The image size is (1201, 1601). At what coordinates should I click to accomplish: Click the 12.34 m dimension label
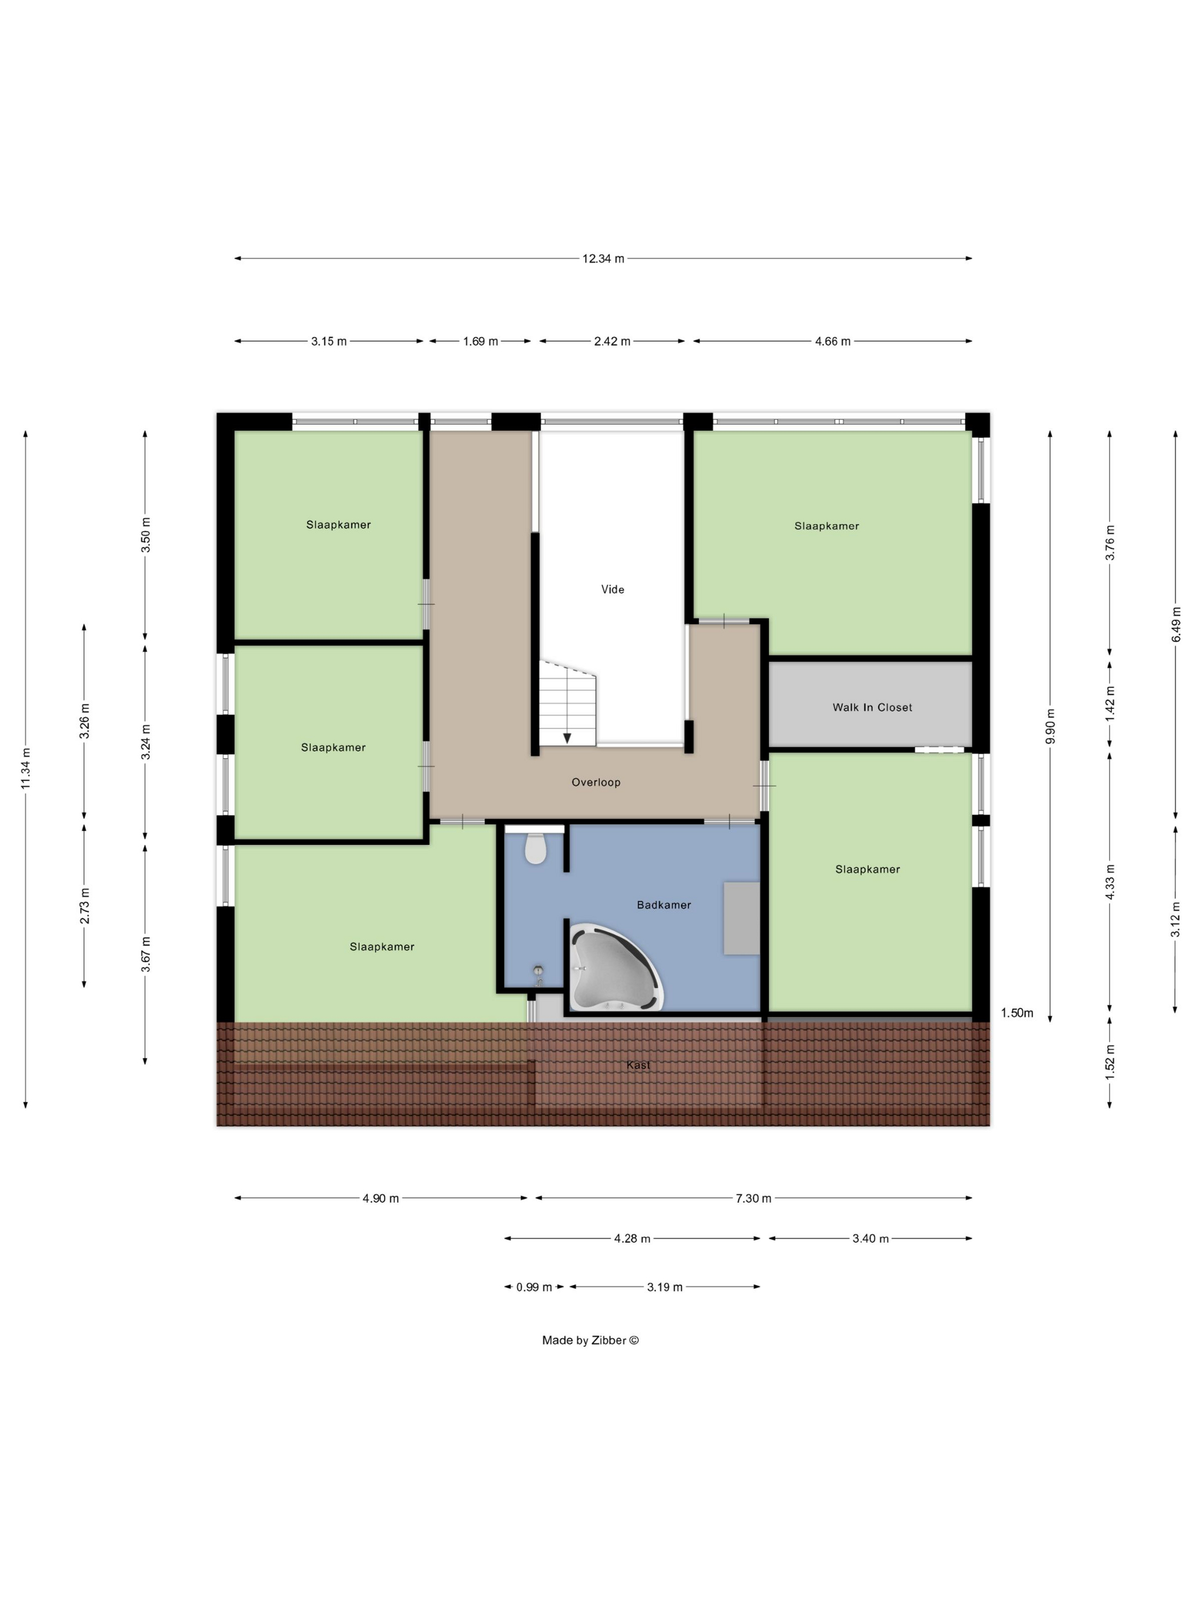(x=603, y=258)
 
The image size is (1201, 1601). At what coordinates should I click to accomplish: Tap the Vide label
(x=613, y=589)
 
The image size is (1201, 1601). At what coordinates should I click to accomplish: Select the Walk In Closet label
(x=872, y=707)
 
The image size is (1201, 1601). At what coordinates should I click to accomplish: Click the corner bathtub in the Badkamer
(x=616, y=967)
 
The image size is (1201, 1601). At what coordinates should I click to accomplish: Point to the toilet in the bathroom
(x=535, y=849)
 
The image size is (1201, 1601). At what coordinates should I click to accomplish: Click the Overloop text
(x=596, y=782)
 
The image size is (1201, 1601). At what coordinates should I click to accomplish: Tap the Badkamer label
(x=664, y=905)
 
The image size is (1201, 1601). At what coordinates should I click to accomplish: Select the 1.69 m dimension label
(x=481, y=341)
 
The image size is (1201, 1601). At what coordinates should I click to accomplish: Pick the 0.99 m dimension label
(x=534, y=1287)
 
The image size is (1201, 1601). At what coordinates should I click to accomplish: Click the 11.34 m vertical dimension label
(x=25, y=768)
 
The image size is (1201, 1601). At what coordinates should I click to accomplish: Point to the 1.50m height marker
(x=1016, y=1013)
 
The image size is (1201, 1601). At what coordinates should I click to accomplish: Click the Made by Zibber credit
(x=591, y=1340)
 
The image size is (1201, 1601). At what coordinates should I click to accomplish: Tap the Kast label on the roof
(x=638, y=1065)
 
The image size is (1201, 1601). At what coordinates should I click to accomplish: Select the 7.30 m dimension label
(x=754, y=1198)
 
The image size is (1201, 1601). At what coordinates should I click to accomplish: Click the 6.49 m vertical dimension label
(x=1176, y=624)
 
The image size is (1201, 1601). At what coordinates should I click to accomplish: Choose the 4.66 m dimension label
(x=833, y=341)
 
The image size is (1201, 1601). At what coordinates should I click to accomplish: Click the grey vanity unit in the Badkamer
(x=741, y=918)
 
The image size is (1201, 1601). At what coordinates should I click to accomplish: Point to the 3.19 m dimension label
(x=665, y=1287)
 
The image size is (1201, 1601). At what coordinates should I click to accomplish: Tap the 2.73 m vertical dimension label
(x=85, y=906)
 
